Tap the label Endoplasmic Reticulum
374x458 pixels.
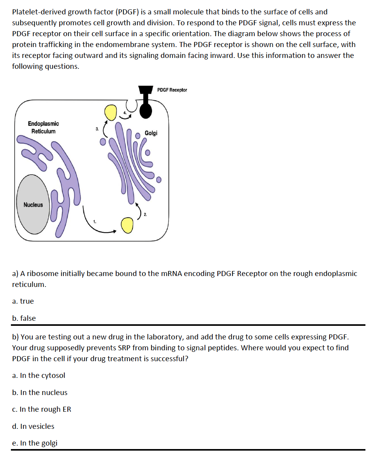(x=43, y=127)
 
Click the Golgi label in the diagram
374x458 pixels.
(x=151, y=133)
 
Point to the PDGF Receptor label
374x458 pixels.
(x=172, y=90)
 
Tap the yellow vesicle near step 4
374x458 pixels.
(x=111, y=112)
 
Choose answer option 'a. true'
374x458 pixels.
(x=23, y=301)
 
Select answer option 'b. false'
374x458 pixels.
(x=24, y=318)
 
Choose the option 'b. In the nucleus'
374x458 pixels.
(x=40, y=393)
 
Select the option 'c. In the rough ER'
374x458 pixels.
(x=42, y=409)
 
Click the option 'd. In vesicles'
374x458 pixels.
(x=33, y=427)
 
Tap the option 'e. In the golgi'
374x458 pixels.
(x=35, y=443)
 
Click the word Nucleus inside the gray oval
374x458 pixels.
(x=33, y=205)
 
